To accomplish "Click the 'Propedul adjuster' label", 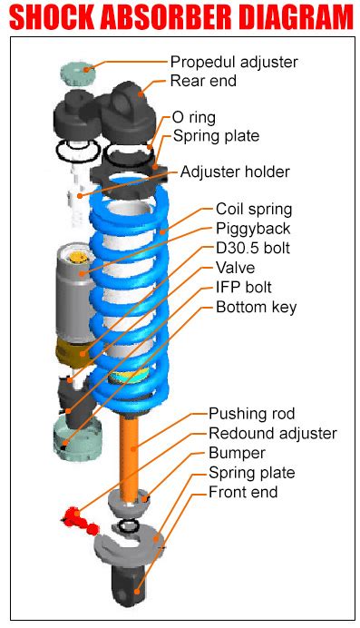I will pyautogui.click(x=234, y=62).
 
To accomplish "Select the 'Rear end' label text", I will pyautogui.click(x=203, y=81).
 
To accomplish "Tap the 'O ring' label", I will pyautogui.click(x=193, y=118).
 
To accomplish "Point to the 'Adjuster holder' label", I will pyautogui.click(x=235, y=172).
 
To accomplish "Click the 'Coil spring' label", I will pyautogui.click(x=254, y=209).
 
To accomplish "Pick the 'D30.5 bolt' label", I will pyautogui.click(x=253, y=248).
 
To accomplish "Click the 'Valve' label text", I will pyautogui.click(x=235, y=268).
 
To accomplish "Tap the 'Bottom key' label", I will pyautogui.click(x=256, y=307).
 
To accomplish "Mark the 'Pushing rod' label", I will pyautogui.click(x=251, y=414).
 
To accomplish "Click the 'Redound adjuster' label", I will pyautogui.click(x=272, y=434).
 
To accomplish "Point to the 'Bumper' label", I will pyautogui.click(x=237, y=453).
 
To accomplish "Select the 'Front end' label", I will pyautogui.click(x=243, y=492).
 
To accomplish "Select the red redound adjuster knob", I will pyautogui.click(x=76, y=519).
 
